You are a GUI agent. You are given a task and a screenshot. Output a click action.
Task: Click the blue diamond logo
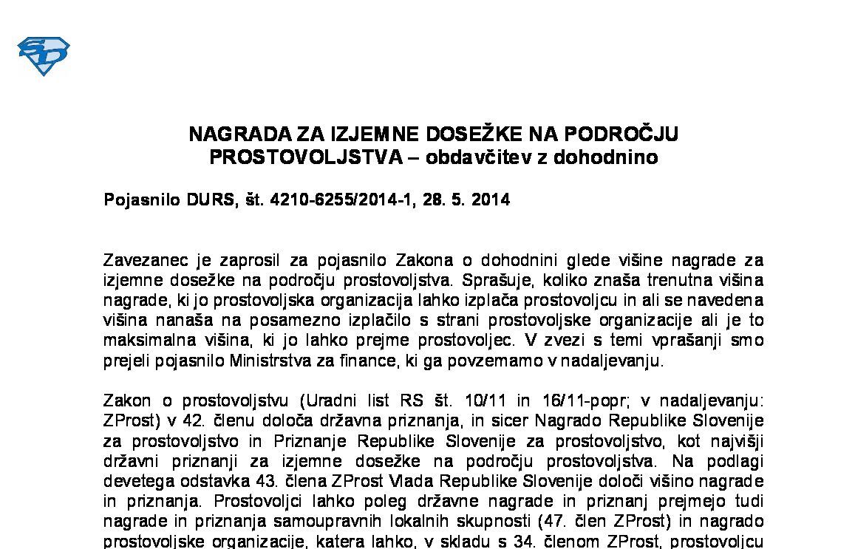44,56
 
